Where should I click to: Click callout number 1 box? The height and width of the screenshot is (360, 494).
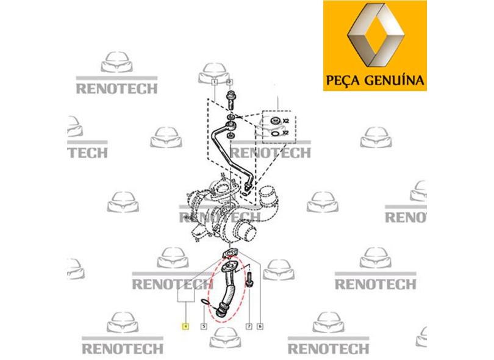pyautogui.click(x=215, y=81)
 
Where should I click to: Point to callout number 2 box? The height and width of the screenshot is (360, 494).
pyautogui.click(x=229, y=81)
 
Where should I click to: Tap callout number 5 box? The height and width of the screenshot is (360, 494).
pyautogui.click(x=203, y=327)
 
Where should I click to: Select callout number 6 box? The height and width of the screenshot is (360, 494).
pyautogui.click(x=260, y=327)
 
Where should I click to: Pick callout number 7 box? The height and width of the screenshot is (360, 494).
pyautogui.click(x=248, y=327)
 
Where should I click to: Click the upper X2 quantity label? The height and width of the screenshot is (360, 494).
pyautogui.click(x=285, y=121)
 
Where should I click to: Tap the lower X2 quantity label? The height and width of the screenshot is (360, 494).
pyautogui.click(x=285, y=132)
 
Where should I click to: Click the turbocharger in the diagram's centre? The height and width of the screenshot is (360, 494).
pyautogui.click(x=226, y=214)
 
